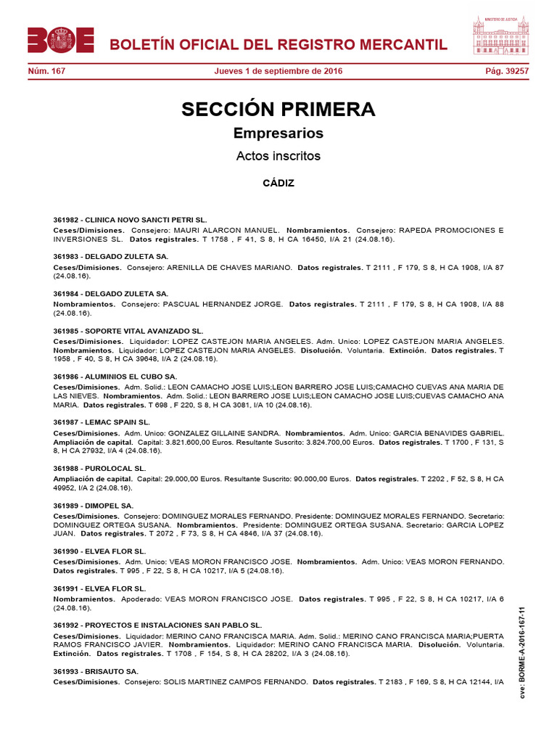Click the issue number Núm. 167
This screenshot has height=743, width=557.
46,71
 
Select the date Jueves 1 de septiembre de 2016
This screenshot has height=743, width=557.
278,71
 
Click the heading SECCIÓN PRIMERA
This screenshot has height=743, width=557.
278,110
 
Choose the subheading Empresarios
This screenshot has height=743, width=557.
278,134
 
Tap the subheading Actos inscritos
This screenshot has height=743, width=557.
278,156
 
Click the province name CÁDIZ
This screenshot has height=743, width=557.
278,183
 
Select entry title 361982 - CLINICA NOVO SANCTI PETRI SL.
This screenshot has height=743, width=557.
130,218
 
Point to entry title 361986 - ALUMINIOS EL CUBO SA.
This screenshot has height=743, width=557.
115,377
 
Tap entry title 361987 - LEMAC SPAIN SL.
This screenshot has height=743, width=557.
102,422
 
